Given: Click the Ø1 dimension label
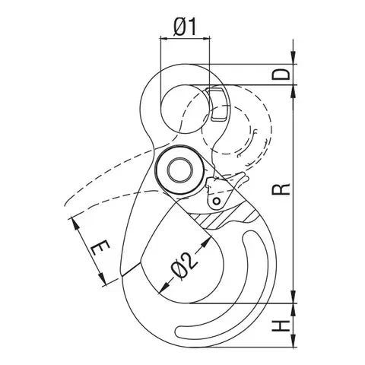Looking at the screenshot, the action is click(185, 27).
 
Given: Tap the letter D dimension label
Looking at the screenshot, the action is click(281, 75).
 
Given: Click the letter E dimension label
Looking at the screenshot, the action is click(100, 248).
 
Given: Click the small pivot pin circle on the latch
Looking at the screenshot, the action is click(217, 202).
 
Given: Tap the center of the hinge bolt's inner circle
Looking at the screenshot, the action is click(179, 170).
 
